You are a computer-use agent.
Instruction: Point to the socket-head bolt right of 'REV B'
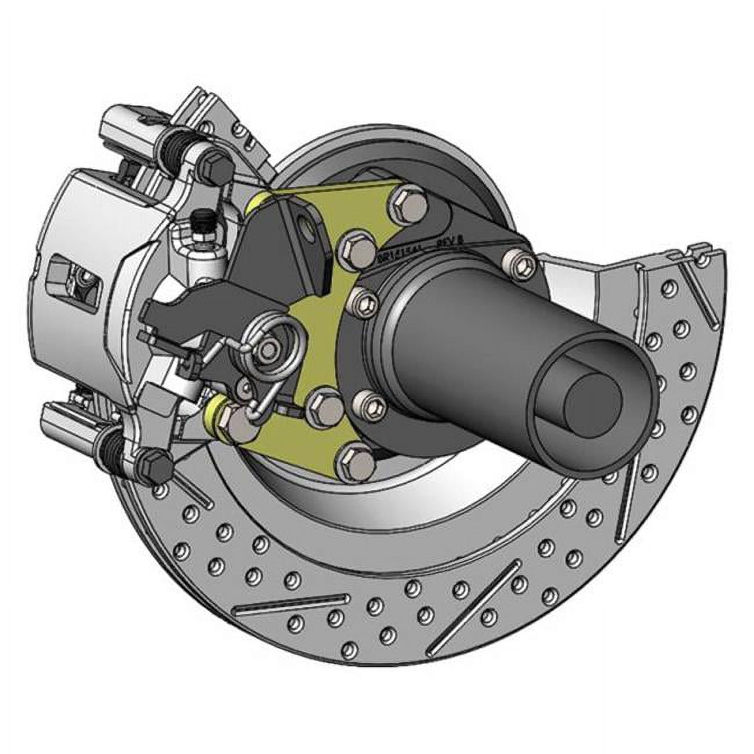516,263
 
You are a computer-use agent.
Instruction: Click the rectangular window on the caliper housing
64,273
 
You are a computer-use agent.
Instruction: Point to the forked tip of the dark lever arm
159,313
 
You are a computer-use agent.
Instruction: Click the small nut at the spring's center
269,349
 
